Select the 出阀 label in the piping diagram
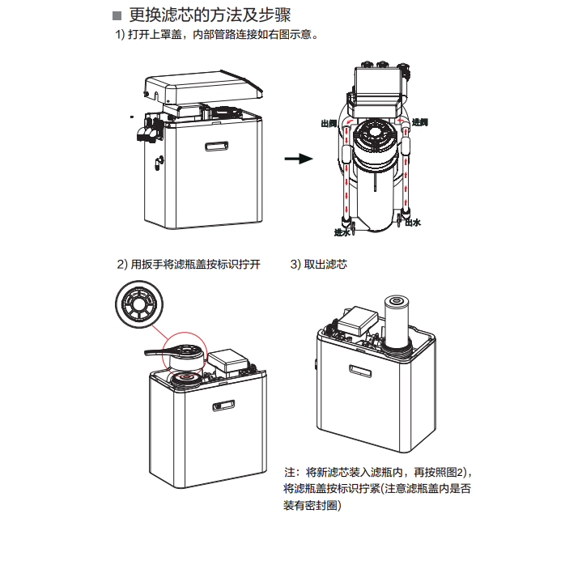(329, 123)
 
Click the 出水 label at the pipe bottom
(413, 222)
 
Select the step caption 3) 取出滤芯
(319, 265)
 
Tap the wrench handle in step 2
(153, 350)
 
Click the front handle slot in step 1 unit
(217, 147)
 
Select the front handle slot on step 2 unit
(221, 405)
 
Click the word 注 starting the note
(289, 472)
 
